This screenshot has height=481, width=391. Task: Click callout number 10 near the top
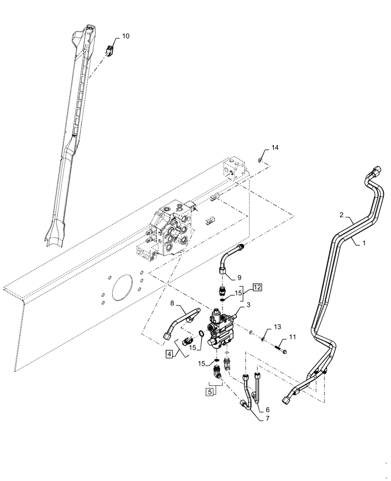tap(125, 36)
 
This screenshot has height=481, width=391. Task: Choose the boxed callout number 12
tap(257, 288)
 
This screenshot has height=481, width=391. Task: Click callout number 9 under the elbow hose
tap(239, 278)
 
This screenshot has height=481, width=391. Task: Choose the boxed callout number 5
tap(210, 392)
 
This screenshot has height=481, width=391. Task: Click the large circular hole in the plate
tap(121, 291)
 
